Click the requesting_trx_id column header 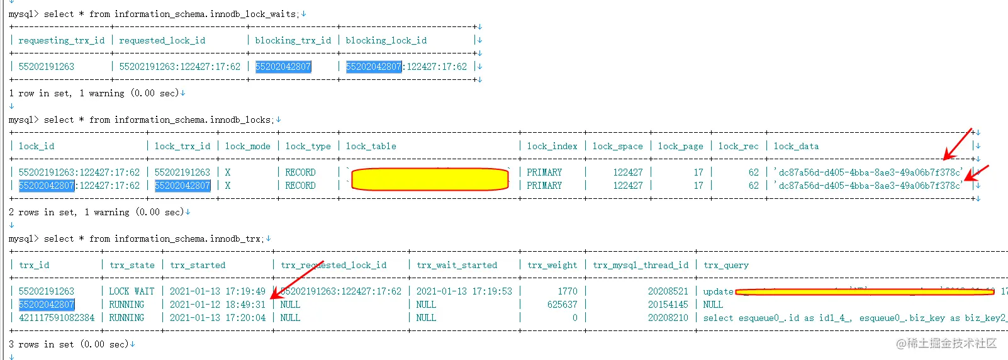click(x=62, y=40)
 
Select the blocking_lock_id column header click(x=386, y=40)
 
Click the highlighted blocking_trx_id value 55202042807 click(x=283, y=67)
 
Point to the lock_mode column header click(x=247, y=146)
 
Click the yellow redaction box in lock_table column click(x=430, y=179)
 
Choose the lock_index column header click(x=552, y=146)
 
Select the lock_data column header click(x=796, y=146)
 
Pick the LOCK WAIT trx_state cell click(x=132, y=291)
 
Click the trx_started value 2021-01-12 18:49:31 click(x=218, y=305)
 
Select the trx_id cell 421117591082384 click(x=57, y=318)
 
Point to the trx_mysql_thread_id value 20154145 click(x=668, y=305)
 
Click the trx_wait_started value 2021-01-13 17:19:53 click(x=464, y=291)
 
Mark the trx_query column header click(x=725, y=265)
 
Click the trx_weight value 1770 click(x=567, y=291)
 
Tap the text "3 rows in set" click(x=41, y=344)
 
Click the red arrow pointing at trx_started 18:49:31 click(x=296, y=279)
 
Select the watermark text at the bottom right click(x=946, y=343)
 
